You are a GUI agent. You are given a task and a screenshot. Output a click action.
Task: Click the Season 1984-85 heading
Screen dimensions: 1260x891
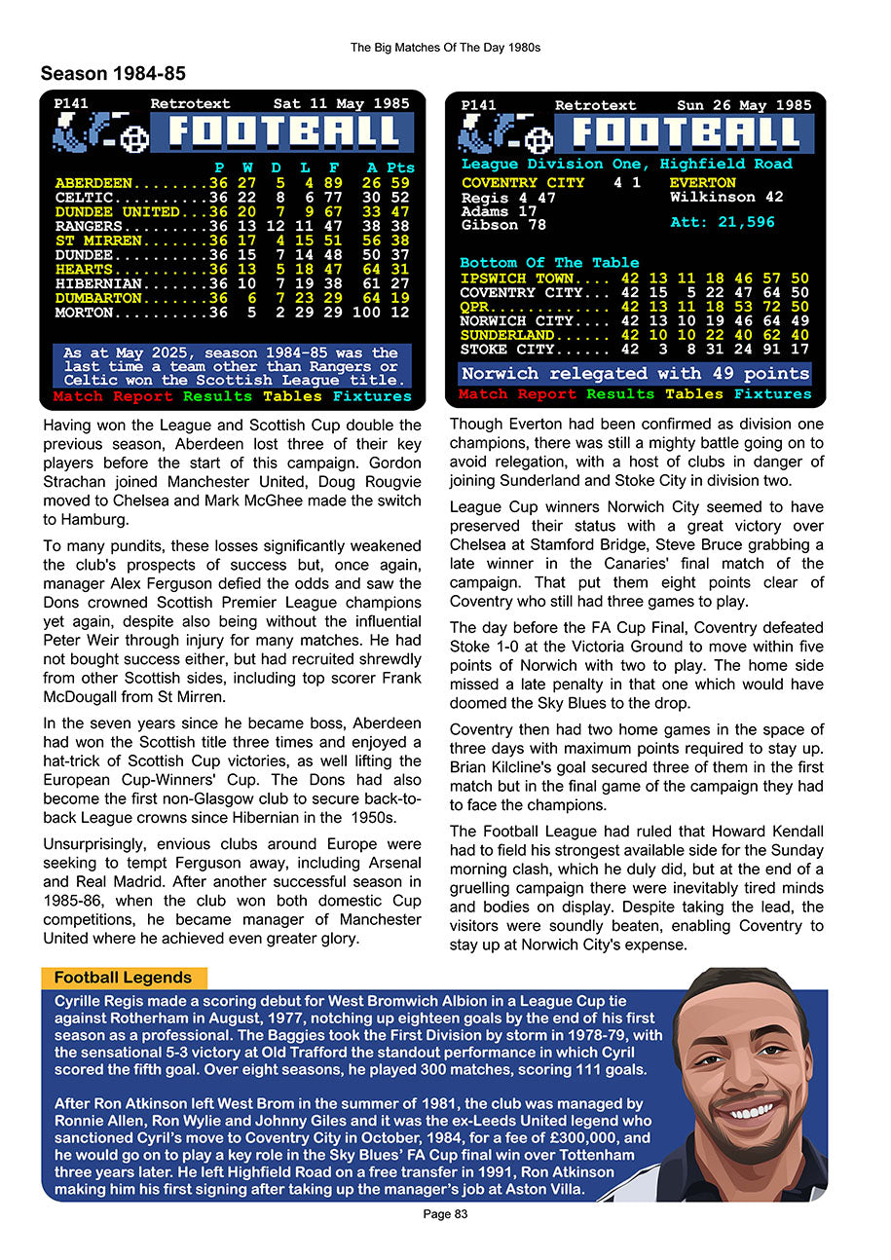(113, 74)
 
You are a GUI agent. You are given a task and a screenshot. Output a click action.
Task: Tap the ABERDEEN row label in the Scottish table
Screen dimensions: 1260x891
(94, 183)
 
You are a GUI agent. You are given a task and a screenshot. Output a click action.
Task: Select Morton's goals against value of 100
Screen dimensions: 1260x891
(367, 314)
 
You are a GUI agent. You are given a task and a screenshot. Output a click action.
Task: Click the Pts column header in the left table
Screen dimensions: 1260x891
(399, 167)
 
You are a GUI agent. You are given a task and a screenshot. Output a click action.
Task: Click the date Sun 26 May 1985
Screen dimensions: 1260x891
(744, 105)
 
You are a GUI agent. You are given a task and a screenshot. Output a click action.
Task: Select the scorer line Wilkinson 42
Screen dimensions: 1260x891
(726, 197)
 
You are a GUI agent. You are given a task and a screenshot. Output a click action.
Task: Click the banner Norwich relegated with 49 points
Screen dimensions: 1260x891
(635, 374)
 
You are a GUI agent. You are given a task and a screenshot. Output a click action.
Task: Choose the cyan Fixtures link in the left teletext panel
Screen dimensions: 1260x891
(371, 396)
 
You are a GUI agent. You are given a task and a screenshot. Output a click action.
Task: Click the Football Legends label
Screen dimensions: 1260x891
(123, 978)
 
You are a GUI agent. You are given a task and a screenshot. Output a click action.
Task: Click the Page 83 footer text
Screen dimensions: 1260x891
(445, 1214)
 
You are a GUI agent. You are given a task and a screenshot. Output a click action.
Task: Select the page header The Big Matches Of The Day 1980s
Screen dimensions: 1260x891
(445, 47)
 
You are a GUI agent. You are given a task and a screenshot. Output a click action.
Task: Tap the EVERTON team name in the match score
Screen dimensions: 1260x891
(702, 183)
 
